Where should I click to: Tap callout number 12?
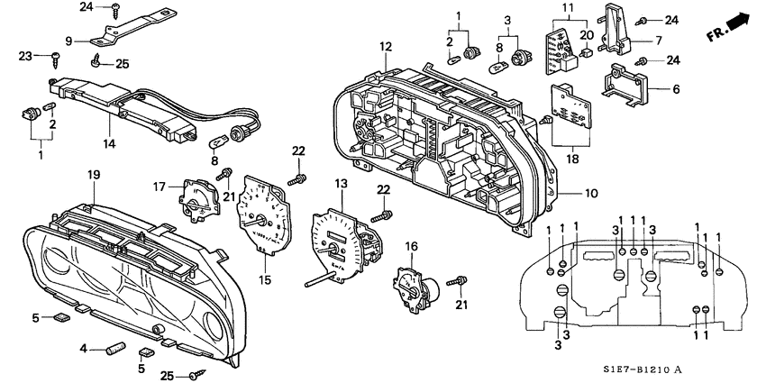click(386, 46)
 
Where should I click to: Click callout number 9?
click(68, 40)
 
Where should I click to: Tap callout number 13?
click(341, 184)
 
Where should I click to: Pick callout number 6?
click(677, 90)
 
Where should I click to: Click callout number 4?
click(83, 348)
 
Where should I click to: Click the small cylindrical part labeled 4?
click(114, 347)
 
